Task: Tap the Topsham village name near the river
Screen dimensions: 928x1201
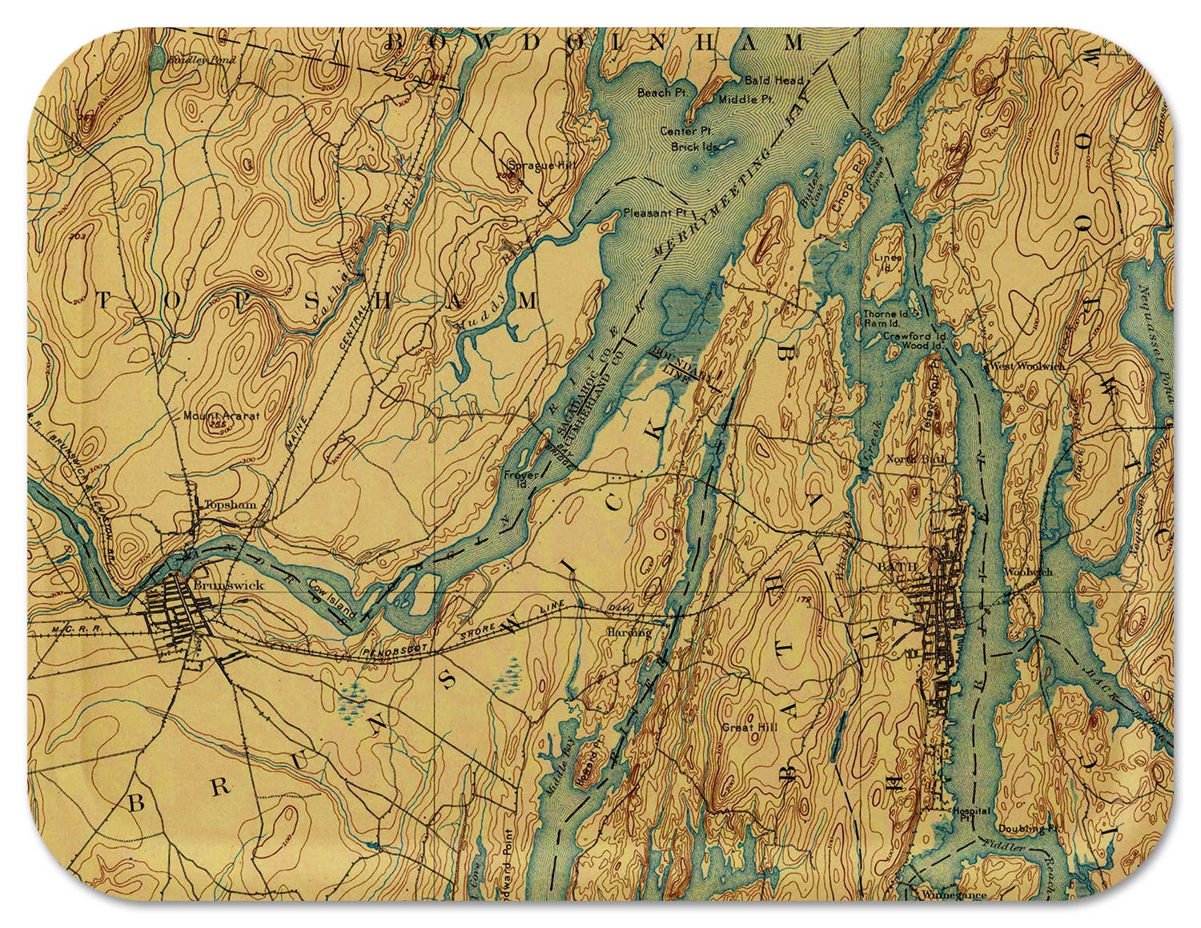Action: click(219, 504)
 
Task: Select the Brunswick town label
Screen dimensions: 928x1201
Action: click(217, 585)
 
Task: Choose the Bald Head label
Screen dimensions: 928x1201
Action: click(766, 81)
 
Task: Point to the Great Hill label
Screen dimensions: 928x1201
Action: click(745, 728)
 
